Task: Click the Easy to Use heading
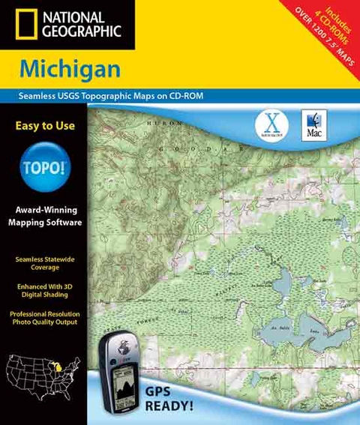[45, 126]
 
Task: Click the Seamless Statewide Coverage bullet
[45, 262]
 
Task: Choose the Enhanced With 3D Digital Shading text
[45, 291]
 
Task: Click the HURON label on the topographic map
[164, 122]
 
